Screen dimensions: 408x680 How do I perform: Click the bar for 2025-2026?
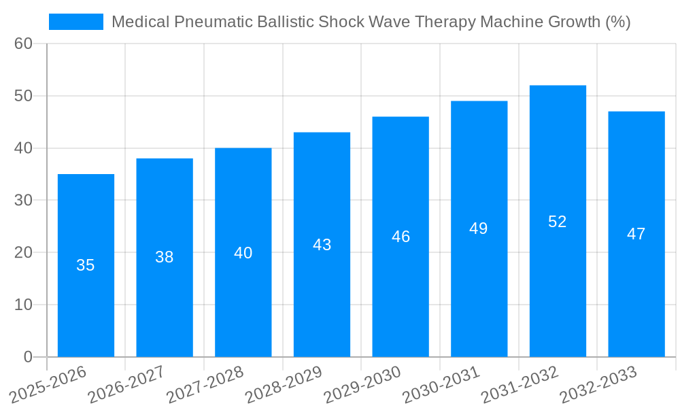click(86, 265)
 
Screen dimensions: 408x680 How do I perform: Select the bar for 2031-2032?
click(558, 221)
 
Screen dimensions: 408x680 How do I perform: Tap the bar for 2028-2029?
click(322, 245)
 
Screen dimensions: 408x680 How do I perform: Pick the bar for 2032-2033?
click(636, 234)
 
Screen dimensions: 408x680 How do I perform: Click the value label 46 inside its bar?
click(401, 237)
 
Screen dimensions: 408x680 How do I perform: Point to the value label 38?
click(165, 257)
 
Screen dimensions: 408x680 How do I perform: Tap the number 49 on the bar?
click(479, 228)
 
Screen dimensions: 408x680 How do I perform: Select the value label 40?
click(243, 253)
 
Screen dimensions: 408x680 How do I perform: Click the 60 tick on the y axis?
click(24, 44)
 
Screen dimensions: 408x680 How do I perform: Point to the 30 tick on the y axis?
click(24, 201)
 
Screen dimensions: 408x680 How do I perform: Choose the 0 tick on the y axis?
click(28, 357)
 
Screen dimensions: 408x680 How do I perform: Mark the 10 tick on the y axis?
click(24, 305)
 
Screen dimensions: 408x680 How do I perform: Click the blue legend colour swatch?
click(76, 22)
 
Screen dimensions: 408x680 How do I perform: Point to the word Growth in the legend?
click(575, 22)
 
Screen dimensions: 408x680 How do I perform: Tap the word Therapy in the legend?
click(447, 22)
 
